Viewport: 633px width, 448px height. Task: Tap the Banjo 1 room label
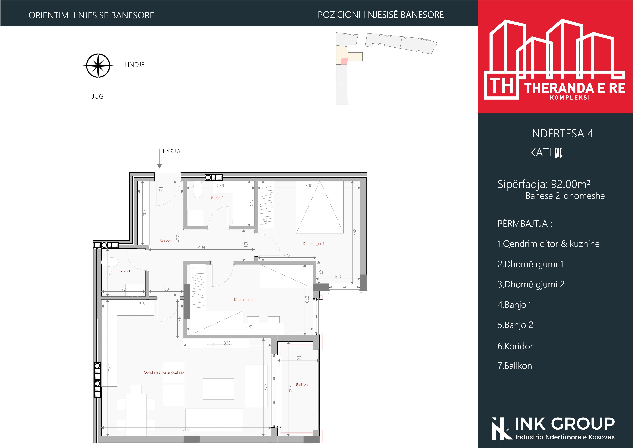[124, 271]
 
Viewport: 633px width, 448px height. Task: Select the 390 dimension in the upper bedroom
[309, 186]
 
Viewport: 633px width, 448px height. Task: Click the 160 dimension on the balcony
[298, 358]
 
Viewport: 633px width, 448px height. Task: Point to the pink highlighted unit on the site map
[344, 61]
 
